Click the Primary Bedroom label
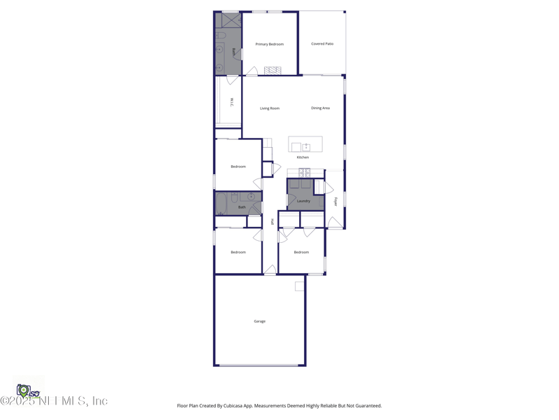(269, 44)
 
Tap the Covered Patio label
(322, 44)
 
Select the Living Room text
(270, 108)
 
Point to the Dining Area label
(320, 108)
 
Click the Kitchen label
(303, 157)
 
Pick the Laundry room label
(303, 201)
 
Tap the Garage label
(259, 321)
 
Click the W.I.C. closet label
(231, 101)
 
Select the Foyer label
(335, 202)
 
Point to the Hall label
(272, 221)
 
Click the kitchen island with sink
(305, 145)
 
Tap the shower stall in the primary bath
(228, 20)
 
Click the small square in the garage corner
(299, 286)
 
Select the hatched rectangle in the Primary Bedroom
(272, 70)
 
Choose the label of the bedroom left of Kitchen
(238, 167)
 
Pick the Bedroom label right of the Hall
(301, 252)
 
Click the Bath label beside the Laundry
(242, 207)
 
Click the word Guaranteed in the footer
(366, 406)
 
